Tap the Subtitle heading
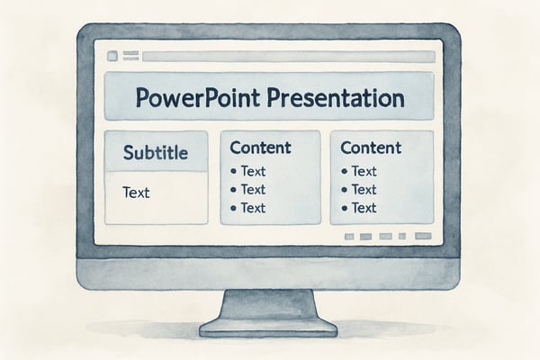click(156, 153)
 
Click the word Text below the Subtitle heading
click(136, 192)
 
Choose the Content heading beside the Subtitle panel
click(261, 148)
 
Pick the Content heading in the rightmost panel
click(371, 148)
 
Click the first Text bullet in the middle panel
click(253, 171)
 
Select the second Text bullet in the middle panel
click(253, 189)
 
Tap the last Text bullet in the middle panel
click(253, 207)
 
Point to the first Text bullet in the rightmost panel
click(364, 171)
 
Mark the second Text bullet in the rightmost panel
click(364, 189)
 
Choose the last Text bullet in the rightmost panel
click(364, 207)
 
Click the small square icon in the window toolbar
click(112, 56)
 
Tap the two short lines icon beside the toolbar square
click(131, 56)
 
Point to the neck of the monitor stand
click(269, 302)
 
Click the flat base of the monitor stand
click(269, 327)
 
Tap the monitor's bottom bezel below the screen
click(269, 271)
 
